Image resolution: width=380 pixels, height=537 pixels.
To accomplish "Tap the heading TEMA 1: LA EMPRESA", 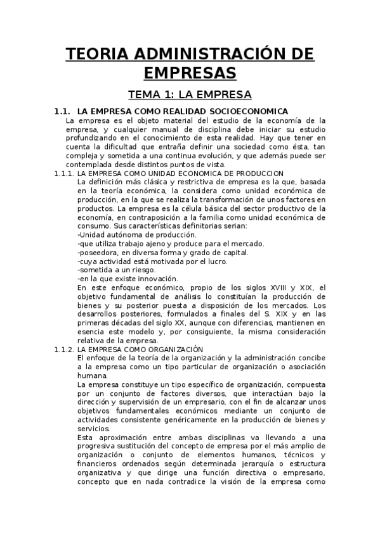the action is [x=190, y=96].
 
